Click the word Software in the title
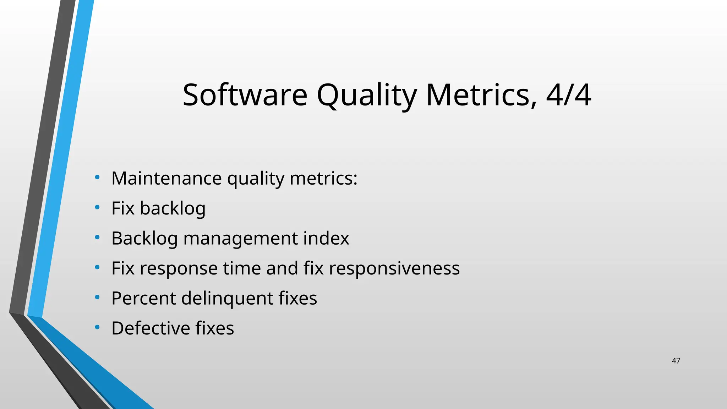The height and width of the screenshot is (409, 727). coord(245,95)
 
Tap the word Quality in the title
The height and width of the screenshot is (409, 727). coord(366,95)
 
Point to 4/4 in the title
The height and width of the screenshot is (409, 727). coord(568,95)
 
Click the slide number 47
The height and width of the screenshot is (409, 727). coord(676,361)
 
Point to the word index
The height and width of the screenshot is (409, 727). coord(326,238)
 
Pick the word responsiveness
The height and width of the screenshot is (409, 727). coord(394,268)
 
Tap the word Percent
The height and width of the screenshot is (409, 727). coord(143,298)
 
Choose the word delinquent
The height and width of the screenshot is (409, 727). coord(227,298)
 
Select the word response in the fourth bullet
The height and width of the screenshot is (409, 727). coord(179,268)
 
